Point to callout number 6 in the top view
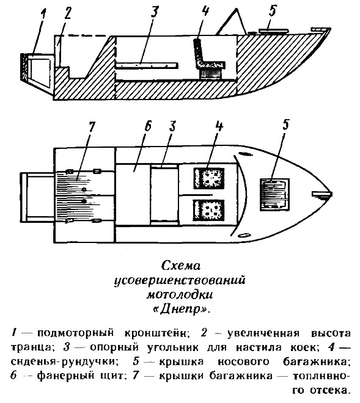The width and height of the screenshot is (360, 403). coord(148,128)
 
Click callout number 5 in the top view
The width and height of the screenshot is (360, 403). coord(285,125)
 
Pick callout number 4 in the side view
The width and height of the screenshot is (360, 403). coord(205,12)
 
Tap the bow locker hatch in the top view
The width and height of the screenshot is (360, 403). coord(275,195)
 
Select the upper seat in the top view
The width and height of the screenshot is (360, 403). coord(209,178)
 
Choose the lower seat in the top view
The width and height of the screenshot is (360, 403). coord(208,209)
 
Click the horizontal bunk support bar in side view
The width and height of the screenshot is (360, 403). coord(147,65)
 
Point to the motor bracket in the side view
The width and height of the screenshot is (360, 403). coord(37,71)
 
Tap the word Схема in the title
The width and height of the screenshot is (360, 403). coord(181,266)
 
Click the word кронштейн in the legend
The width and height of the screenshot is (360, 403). coord(157,333)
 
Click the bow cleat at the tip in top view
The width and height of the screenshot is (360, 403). coord(322,194)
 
